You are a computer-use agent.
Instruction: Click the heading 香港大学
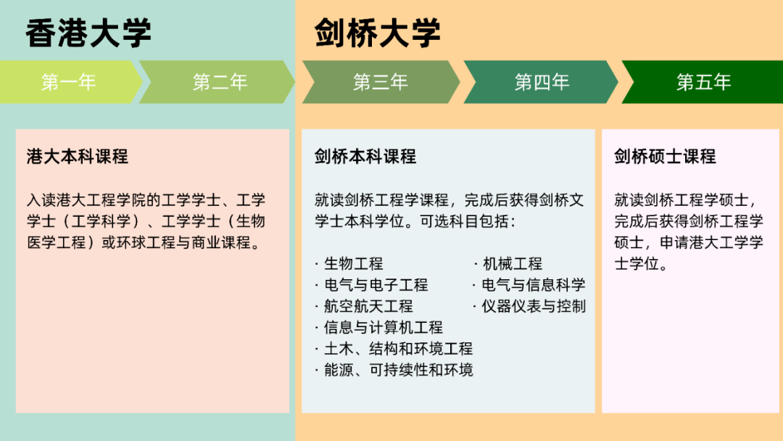click(88, 33)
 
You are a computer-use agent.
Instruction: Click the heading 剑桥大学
click(378, 33)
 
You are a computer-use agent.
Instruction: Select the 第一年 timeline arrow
click(69, 82)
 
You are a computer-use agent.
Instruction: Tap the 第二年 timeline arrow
click(220, 82)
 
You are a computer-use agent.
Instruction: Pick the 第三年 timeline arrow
click(381, 82)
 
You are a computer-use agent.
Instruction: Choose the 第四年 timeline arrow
click(542, 82)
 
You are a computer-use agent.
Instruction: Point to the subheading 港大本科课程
click(77, 156)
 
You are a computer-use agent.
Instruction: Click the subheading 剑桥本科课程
click(365, 156)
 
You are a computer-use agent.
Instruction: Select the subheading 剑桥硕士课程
click(665, 156)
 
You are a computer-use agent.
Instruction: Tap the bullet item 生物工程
click(353, 263)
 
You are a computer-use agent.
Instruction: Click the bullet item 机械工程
click(512, 263)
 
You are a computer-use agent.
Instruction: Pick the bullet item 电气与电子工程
click(376, 284)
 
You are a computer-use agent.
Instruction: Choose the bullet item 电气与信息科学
click(533, 284)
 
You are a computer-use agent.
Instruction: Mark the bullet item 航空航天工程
click(368, 306)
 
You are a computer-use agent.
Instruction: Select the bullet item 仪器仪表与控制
click(533, 306)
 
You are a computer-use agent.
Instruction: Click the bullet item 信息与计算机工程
click(383, 327)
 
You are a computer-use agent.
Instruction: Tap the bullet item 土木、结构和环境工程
click(398, 349)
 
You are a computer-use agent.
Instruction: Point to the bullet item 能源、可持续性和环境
click(398, 370)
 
